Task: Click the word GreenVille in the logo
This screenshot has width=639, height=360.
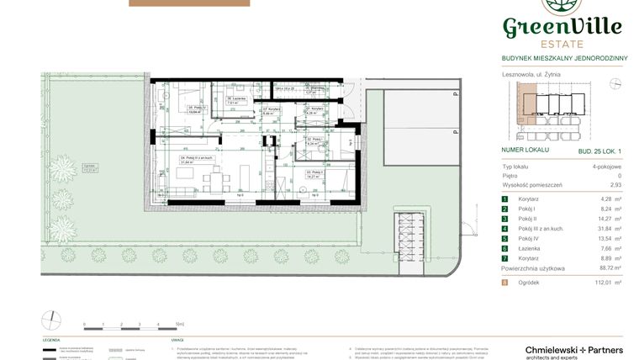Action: (x=562, y=27)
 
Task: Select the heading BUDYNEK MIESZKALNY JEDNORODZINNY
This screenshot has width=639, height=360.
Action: (x=561, y=58)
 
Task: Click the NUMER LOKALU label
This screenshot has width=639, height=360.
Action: (x=525, y=149)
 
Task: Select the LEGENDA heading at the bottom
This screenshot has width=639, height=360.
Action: (x=51, y=341)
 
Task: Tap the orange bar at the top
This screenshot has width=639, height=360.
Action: (x=189, y=3)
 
